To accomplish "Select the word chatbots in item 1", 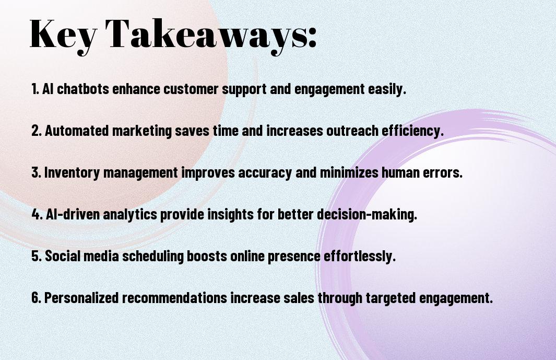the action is pos(83,89).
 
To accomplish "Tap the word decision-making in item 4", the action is pos(367,215).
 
